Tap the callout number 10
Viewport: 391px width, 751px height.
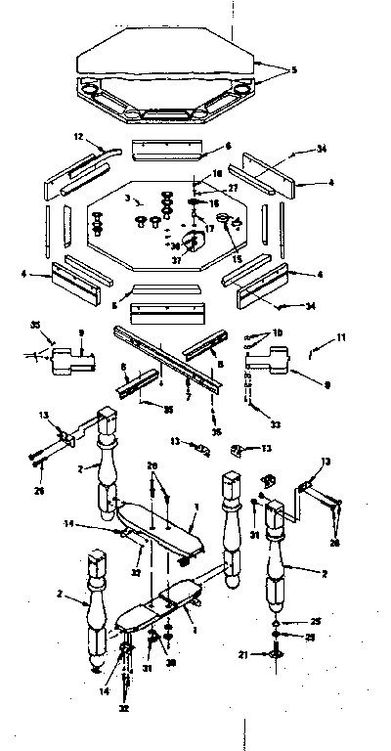click(277, 332)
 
